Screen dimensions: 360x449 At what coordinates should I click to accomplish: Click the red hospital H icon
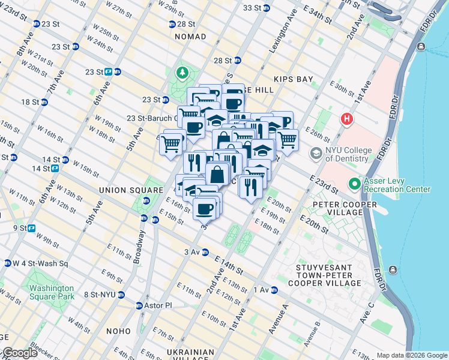346,119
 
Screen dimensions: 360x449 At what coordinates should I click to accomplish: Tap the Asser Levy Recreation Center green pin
355,184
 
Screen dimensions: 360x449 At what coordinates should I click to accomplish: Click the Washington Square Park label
52,292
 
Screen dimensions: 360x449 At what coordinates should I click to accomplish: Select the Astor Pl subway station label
158,305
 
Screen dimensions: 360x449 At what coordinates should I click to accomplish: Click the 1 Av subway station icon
274,290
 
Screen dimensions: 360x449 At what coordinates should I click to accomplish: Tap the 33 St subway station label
252,8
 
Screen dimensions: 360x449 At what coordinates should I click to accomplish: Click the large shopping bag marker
217,175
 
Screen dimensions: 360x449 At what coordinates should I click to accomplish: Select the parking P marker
285,121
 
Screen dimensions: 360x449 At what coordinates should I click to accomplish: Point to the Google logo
19,353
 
